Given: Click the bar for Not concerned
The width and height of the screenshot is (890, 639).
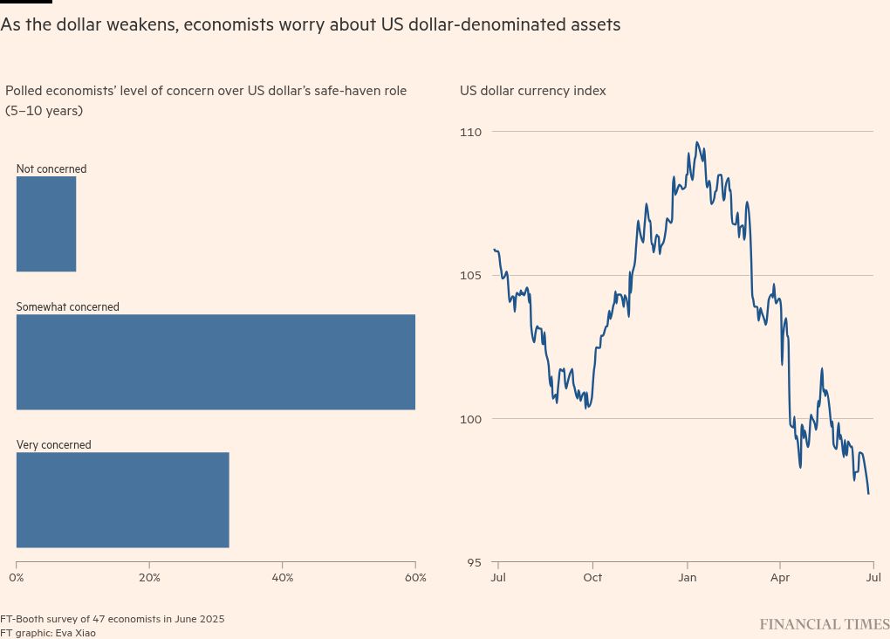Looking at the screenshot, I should tap(46, 223).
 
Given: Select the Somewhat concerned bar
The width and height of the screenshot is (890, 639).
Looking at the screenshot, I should tap(216, 361).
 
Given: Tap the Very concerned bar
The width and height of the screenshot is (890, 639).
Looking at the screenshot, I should tap(122, 499).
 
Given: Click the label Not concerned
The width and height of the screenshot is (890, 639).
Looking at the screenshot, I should tap(51, 169).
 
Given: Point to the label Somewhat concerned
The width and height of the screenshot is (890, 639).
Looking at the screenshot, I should tap(68, 307).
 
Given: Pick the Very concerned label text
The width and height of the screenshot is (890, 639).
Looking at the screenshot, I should tap(54, 445).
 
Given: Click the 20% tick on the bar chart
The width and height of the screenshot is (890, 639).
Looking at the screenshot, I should tap(149, 578).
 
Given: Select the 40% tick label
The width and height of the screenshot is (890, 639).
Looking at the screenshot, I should tap(283, 578).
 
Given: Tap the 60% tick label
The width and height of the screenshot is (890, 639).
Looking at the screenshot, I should tap(415, 578).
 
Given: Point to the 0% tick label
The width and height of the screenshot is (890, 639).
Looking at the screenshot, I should tap(17, 578).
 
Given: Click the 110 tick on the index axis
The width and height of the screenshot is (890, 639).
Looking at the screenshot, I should tap(471, 132).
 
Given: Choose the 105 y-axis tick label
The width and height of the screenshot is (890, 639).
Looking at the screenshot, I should tap(471, 276).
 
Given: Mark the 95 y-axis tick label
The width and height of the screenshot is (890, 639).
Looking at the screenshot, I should tap(473, 563).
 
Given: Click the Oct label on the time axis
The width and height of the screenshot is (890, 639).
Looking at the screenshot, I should tap(592, 578).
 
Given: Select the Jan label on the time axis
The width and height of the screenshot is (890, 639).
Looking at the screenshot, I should tap(687, 578).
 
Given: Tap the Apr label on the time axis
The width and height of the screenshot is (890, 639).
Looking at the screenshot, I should tap(780, 578).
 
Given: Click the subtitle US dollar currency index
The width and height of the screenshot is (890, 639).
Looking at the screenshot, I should tap(532, 91).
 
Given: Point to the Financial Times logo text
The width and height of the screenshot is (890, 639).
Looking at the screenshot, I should tap(824, 624).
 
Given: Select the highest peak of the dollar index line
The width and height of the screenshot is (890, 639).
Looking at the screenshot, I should tap(696, 142).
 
